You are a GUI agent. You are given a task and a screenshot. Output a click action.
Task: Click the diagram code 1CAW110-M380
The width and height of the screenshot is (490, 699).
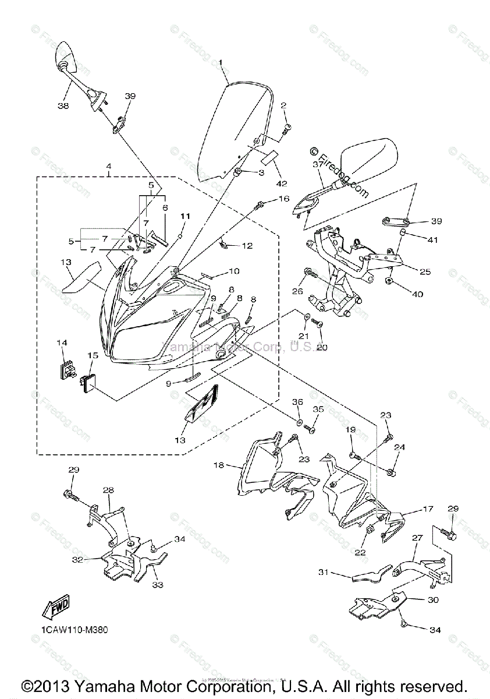pyautogui.click(x=74, y=630)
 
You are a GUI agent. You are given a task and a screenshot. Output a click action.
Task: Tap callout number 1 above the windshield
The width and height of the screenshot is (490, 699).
pyautogui.click(x=221, y=62)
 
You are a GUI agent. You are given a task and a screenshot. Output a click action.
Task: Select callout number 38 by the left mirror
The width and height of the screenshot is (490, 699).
pyautogui.click(x=63, y=106)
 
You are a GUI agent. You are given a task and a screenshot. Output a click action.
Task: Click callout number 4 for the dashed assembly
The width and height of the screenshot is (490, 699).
pyautogui.click(x=108, y=167)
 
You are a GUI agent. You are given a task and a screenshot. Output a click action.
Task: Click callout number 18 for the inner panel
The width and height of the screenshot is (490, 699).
pyautogui.click(x=219, y=465)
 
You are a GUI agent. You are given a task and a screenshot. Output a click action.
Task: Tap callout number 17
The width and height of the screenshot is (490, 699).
pyautogui.click(x=428, y=509)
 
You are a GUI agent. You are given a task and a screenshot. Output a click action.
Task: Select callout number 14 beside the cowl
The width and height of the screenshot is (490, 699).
pyautogui.click(x=62, y=343)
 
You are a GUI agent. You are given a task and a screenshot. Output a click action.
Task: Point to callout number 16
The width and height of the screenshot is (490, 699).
pyautogui.click(x=283, y=199)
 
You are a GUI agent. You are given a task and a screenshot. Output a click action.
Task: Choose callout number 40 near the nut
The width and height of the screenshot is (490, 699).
pyautogui.click(x=417, y=294)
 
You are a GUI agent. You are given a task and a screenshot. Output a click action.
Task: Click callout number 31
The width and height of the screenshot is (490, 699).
pyautogui.click(x=324, y=573)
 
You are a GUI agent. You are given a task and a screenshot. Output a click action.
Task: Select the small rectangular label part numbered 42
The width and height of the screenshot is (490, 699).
pyautogui.click(x=269, y=156)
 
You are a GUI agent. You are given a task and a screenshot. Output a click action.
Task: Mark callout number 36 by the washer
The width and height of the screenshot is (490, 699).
pyautogui.click(x=297, y=403)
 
